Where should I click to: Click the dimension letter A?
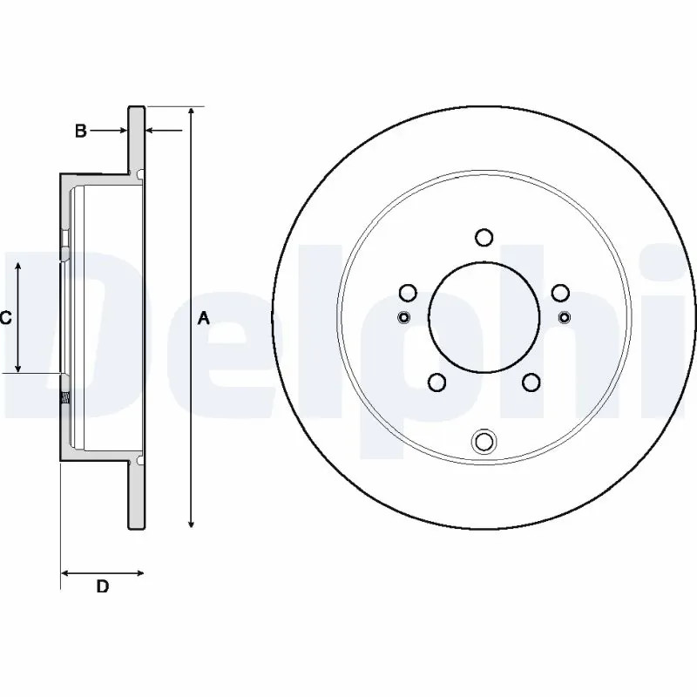coord(204,318)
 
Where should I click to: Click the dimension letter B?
coord(80,132)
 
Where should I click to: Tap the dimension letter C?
coord(5,318)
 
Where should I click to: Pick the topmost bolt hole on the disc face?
coord(484,237)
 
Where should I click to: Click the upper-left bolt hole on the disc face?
coord(408,293)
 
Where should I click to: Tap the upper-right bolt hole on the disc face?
coord(560,293)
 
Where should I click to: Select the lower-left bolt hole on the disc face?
coord(437,382)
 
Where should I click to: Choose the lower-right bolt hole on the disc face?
coord(531,382)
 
